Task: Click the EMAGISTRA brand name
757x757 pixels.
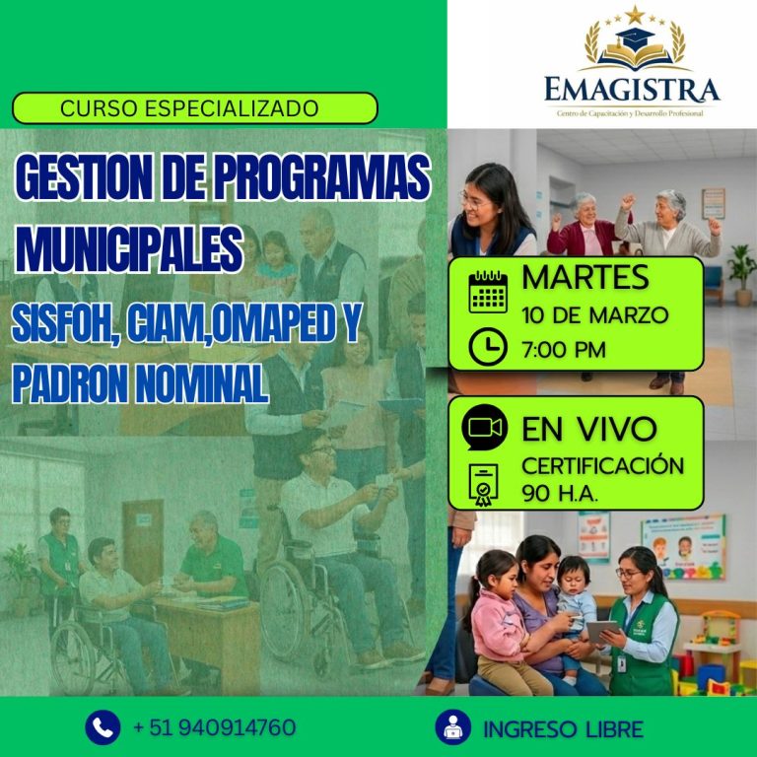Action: pyautogui.click(x=632, y=91)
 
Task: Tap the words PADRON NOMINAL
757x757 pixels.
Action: pyautogui.click(x=140, y=383)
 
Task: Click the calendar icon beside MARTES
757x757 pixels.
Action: pyautogui.click(x=487, y=290)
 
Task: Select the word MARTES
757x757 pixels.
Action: pyautogui.click(x=585, y=278)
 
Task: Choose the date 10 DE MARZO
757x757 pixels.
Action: pyautogui.click(x=594, y=315)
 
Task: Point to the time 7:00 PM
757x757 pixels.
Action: pyautogui.click(x=565, y=348)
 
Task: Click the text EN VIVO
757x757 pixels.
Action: pyautogui.click(x=588, y=430)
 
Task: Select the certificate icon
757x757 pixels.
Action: pyautogui.click(x=485, y=484)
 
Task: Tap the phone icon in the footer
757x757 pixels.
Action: pyautogui.click(x=103, y=727)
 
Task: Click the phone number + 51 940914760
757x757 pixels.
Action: pyautogui.click(x=214, y=727)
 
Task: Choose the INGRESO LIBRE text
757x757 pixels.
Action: pyautogui.click(x=563, y=729)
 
